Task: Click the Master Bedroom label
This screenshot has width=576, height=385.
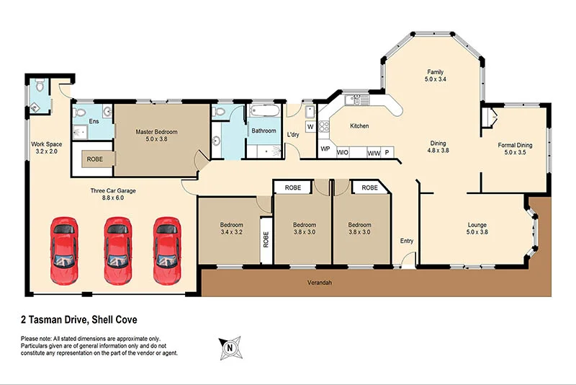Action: coord(156,132)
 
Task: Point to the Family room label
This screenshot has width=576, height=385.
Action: coord(435,71)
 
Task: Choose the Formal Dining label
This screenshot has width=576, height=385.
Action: coord(515,145)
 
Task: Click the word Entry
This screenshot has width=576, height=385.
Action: coord(407,241)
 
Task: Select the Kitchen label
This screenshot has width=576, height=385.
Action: coord(359,126)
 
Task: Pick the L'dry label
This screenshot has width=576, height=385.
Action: coord(293,135)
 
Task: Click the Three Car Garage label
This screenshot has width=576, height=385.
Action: coord(112,190)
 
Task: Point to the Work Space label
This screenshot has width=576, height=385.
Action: coord(46,144)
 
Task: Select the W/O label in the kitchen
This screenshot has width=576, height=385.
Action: coord(343,152)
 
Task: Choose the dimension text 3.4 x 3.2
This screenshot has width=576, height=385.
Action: coord(232,232)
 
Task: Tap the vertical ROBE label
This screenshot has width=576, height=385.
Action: coord(266,238)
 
